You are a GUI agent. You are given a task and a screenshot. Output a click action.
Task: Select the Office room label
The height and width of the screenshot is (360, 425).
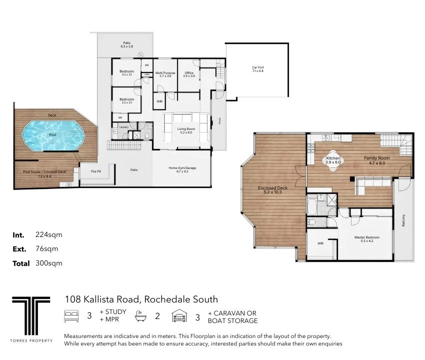[x=189, y=74]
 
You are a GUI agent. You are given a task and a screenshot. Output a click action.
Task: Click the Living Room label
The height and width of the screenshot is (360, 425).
[x=186, y=130]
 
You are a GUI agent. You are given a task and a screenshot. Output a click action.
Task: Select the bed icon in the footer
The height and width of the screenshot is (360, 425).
[x=71, y=316]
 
